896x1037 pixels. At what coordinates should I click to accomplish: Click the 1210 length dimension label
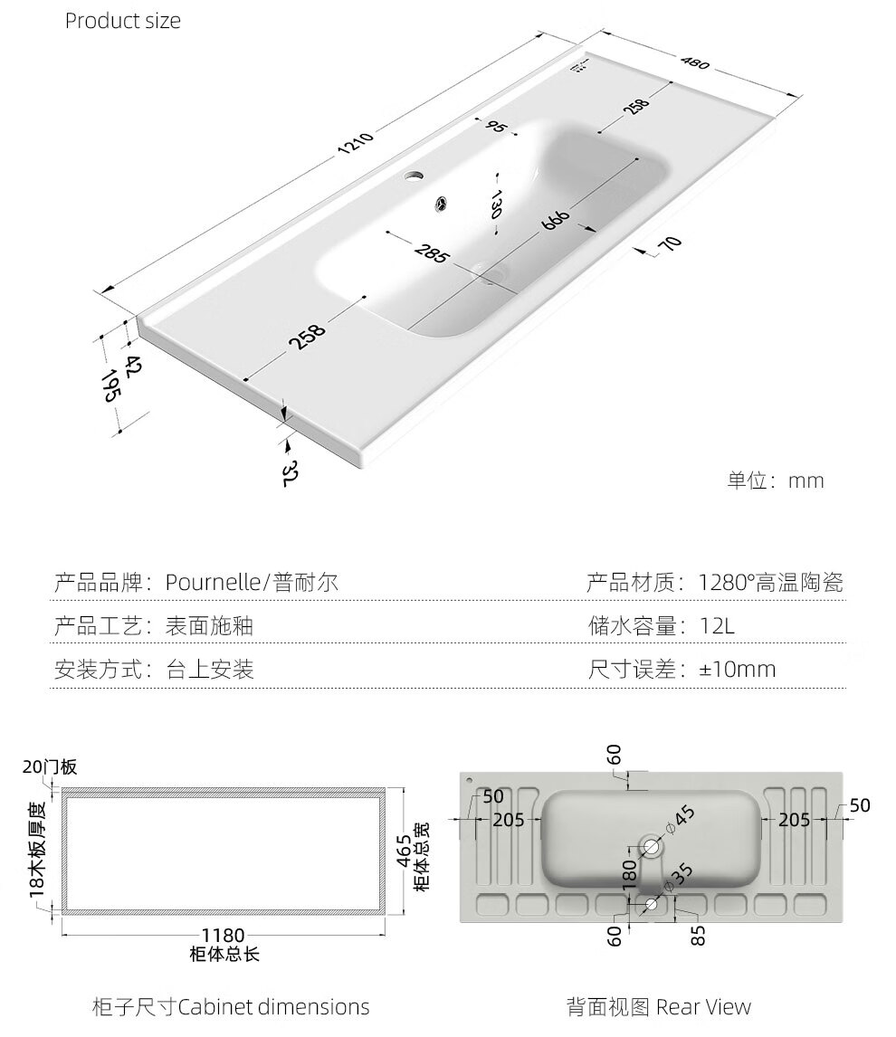pyautogui.click(x=356, y=144)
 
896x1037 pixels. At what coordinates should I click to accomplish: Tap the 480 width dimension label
pyautogui.click(x=695, y=62)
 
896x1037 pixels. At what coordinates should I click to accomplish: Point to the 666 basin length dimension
pyautogui.click(x=556, y=219)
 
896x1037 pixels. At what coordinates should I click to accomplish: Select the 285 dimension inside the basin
pyautogui.click(x=432, y=252)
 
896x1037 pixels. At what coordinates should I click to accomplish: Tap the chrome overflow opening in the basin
pyautogui.click(x=441, y=203)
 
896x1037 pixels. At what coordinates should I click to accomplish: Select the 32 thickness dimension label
pyautogui.click(x=288, y=473)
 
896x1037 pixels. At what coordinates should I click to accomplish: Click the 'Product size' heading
pyautogui.click(x=123, y=21)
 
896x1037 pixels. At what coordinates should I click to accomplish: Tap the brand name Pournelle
pyautogui.click(x=213, y=582)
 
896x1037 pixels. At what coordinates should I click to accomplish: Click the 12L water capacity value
pyautogui.click(x=718, y=625)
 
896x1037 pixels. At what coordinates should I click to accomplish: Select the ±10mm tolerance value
pyautogui.click(x=738, y=669)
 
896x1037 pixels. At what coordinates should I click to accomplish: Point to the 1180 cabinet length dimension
pyautogui.click(x=223, y=935)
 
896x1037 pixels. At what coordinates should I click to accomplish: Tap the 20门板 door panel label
pyautogui.click(x=50, y=766)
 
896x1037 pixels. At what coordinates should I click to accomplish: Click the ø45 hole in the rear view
pyautogui.click(x=652, y=846)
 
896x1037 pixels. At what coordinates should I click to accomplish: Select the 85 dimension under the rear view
pyautogui.click(x=698, y=935)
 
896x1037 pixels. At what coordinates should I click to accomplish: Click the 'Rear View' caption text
pyautogui.click(x=703, y=1006)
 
